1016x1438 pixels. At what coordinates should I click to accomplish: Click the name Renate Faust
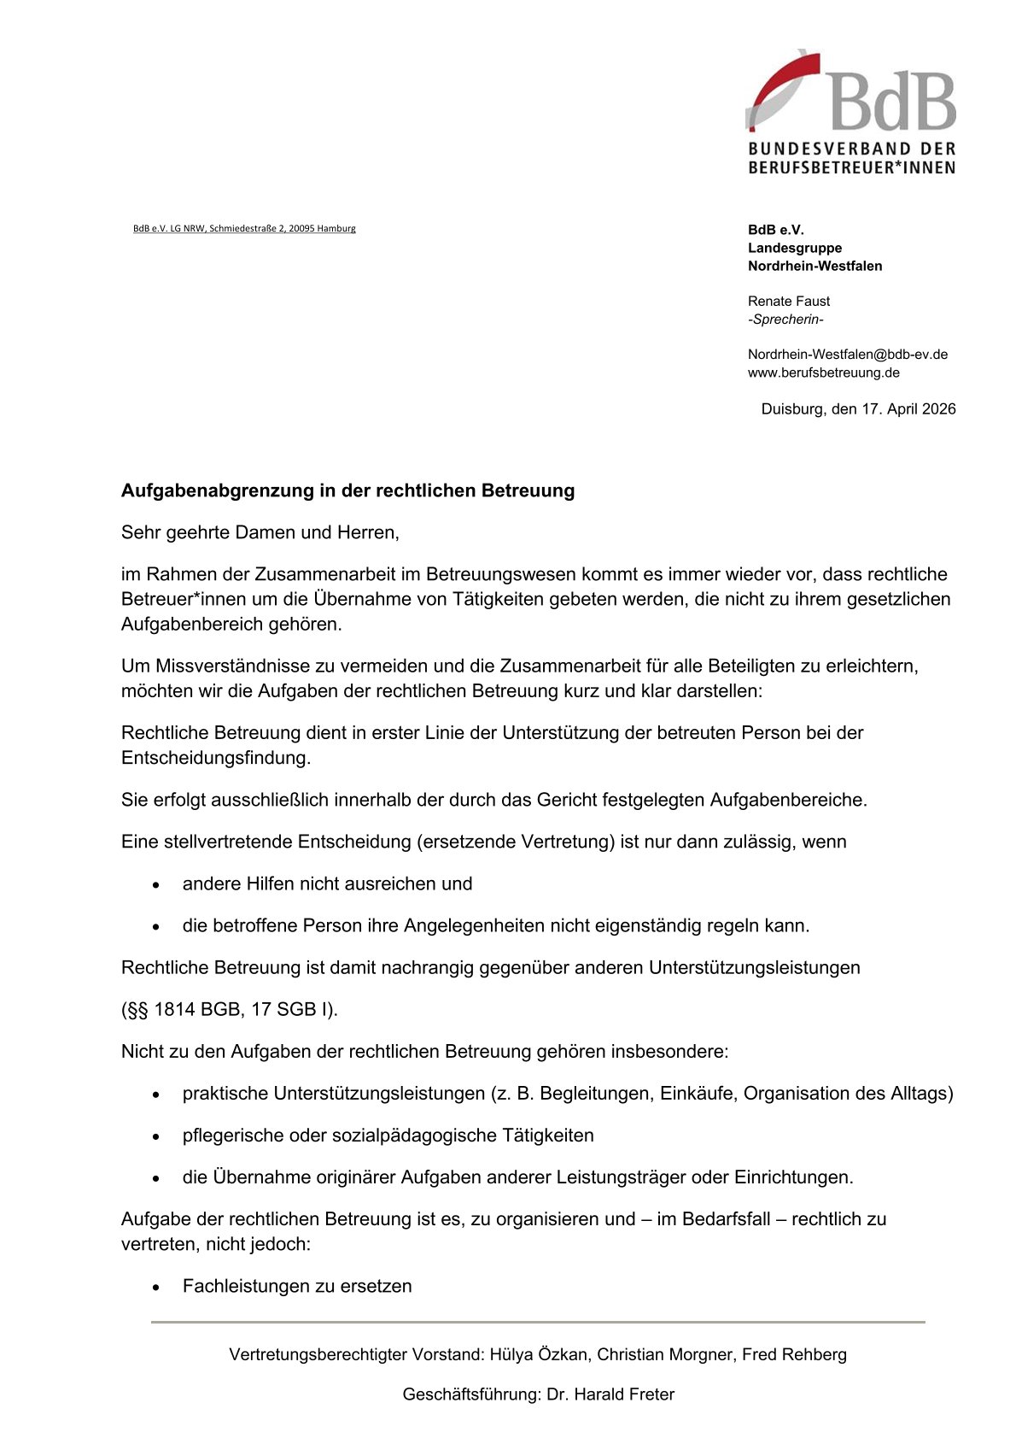click(x=788, y=301)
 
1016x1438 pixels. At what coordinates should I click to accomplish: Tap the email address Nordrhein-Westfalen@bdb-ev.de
click(x=847, y=354)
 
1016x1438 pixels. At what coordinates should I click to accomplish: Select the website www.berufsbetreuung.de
click(x=823, y=373)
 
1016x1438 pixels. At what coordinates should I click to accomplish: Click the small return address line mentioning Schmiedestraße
click(x=244, y=228)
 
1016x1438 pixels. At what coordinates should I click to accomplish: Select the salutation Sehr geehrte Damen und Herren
click(x=260, y=532)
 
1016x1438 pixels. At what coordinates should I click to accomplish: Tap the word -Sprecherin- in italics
click(x=785, y=320)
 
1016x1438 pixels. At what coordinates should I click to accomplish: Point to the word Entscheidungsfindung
click(x=215, y=757)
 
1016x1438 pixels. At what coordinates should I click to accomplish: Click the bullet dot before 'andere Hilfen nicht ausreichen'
click(x=156, y=885)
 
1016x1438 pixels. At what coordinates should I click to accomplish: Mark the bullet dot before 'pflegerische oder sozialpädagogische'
click(x=156, y=1136)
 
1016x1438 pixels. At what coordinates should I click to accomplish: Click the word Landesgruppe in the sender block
click(x=794, y=248)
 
